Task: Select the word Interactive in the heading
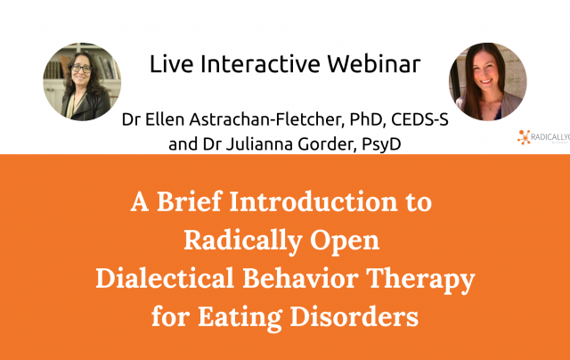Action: click(252, 64)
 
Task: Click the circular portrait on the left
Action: click(82, 82)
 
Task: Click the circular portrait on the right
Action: click(487, 82)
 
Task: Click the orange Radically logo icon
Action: click(525, 136)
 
